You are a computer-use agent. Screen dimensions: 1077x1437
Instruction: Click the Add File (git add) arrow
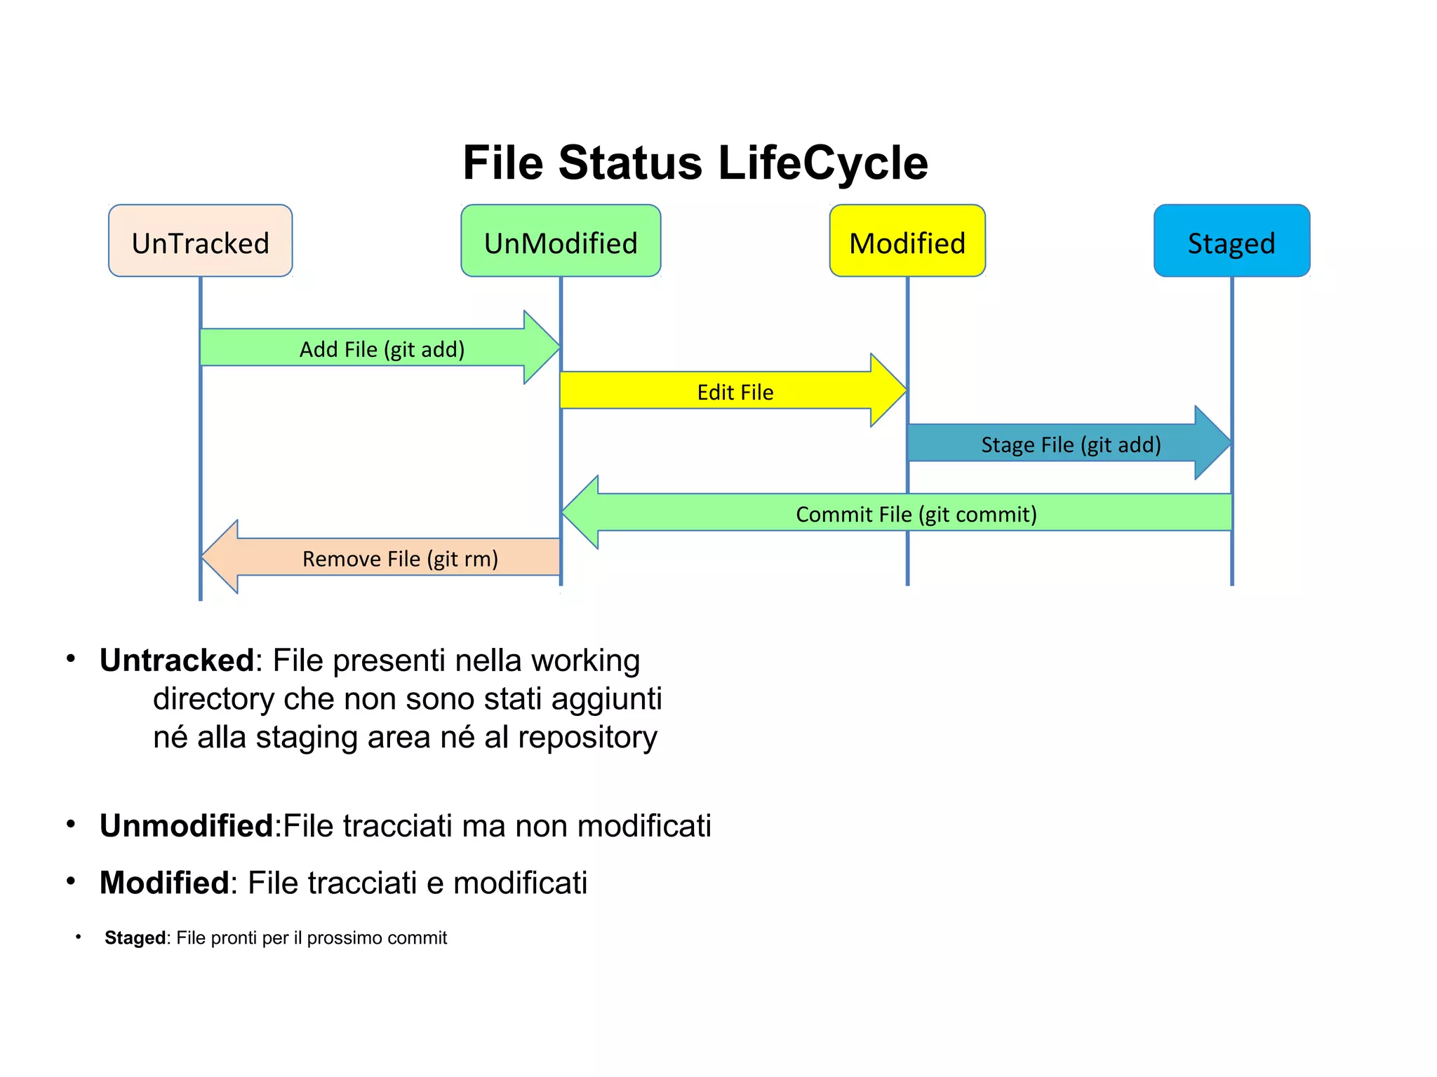click(x=382, y=348)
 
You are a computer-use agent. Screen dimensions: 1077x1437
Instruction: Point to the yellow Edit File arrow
click(x=735, y=391)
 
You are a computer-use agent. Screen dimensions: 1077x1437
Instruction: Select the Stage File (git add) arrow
click(x=1070, y=444)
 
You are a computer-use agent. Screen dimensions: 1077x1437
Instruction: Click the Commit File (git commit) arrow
click(x=916, y=513)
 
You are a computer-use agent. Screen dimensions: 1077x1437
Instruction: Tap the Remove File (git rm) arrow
click(x=400, y=558)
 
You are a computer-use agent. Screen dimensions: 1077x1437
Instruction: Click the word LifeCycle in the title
click(x=822, y=163)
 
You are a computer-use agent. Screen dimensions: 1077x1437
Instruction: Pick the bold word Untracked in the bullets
click(x=176, y=661)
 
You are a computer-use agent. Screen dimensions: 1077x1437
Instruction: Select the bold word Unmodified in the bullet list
click(x=186, y=826)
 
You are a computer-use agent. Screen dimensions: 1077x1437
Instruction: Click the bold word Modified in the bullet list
click(x=164, y=883)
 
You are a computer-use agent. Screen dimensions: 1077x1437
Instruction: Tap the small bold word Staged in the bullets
click(x=135, y=938)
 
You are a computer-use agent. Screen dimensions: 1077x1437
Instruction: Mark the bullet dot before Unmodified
click(x=71, y=824)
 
